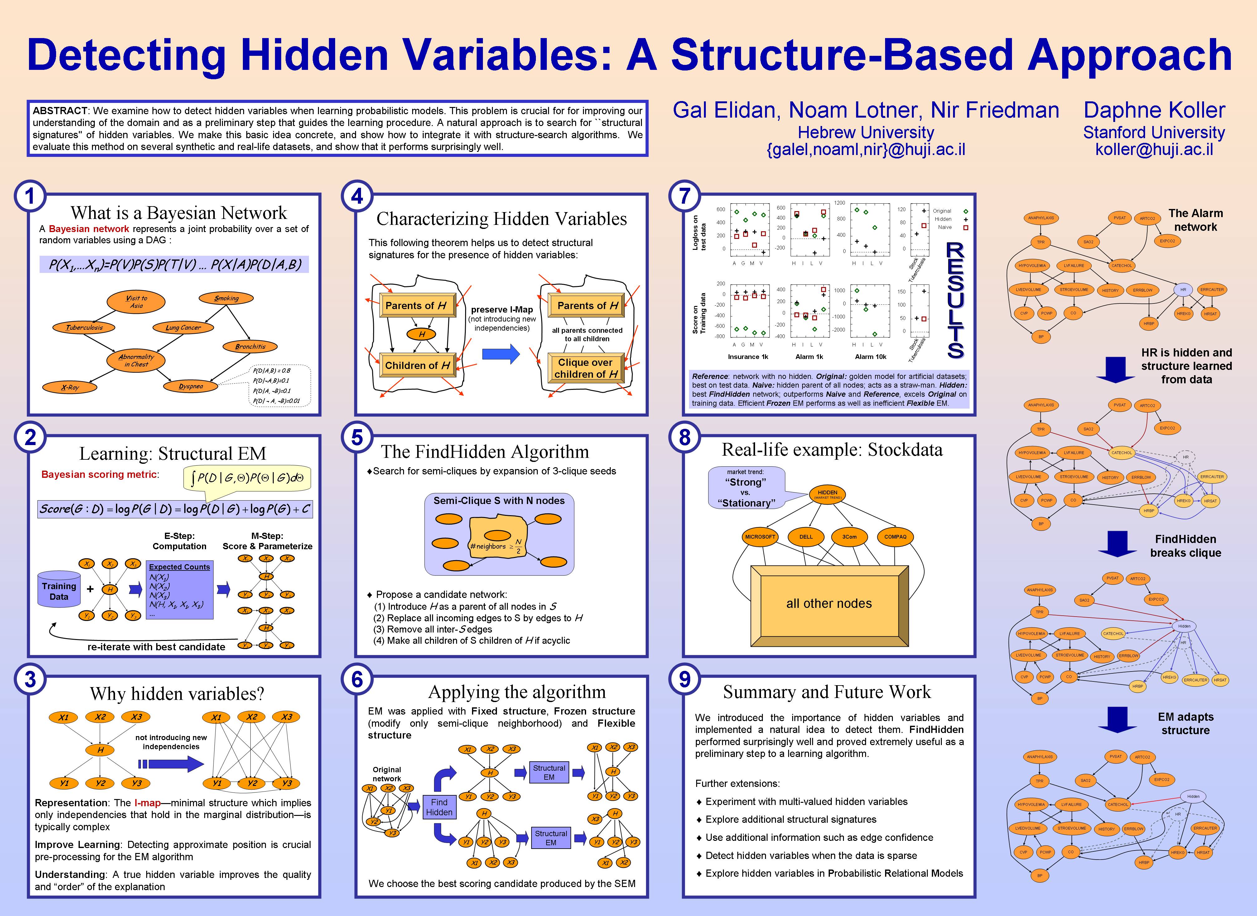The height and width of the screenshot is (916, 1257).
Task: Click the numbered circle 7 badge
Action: click(x=685, y=196)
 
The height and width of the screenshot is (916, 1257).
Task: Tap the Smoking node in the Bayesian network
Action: click(x=226, y=298)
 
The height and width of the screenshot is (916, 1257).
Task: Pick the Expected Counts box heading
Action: click(x=179, y=567)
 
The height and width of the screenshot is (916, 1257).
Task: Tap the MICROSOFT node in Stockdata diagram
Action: click(x=760, y=537)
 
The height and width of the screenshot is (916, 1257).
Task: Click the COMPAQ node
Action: click(x=895, y=537)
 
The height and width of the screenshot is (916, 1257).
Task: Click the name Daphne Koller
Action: click(x=1154, y=110)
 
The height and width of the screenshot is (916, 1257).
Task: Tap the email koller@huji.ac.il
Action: click(x=1154, y=149)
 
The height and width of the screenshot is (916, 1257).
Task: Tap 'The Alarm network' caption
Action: click(x=1196, y=220)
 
